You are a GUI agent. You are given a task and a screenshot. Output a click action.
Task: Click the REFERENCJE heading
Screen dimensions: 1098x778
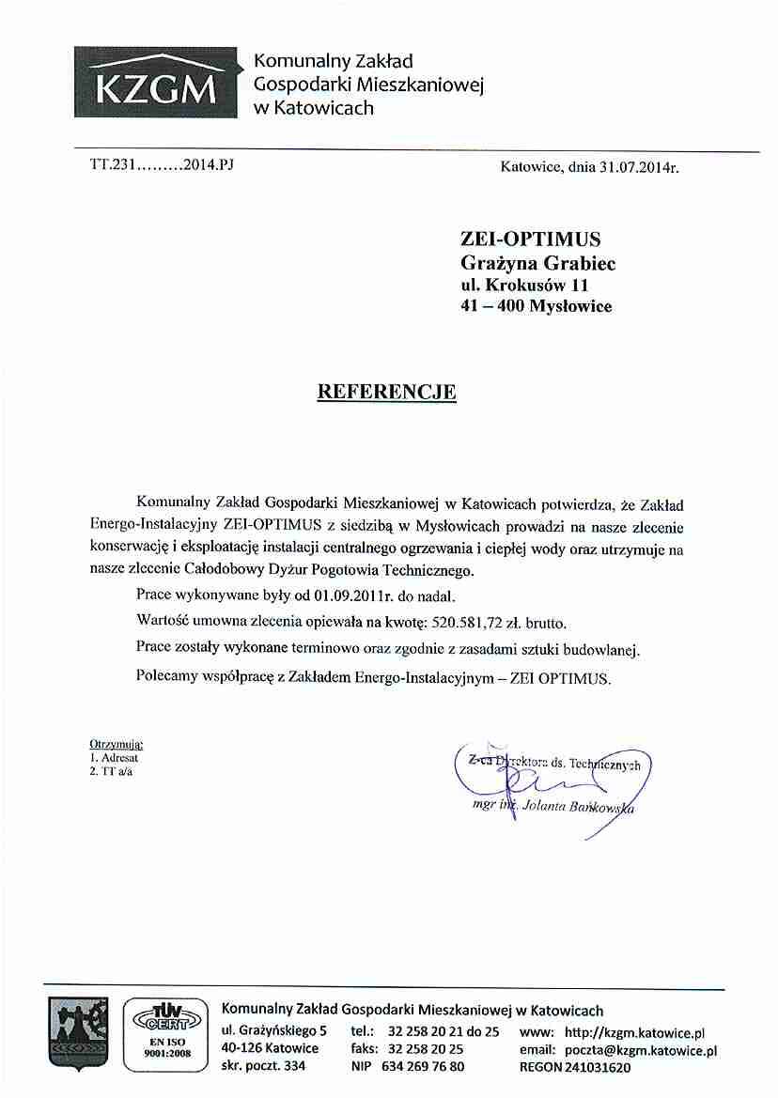[387, 391]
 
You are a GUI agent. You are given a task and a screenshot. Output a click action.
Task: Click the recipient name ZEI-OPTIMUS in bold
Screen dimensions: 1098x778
[530, 238]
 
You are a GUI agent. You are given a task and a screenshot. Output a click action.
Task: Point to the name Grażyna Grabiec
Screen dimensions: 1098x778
[537, 261]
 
